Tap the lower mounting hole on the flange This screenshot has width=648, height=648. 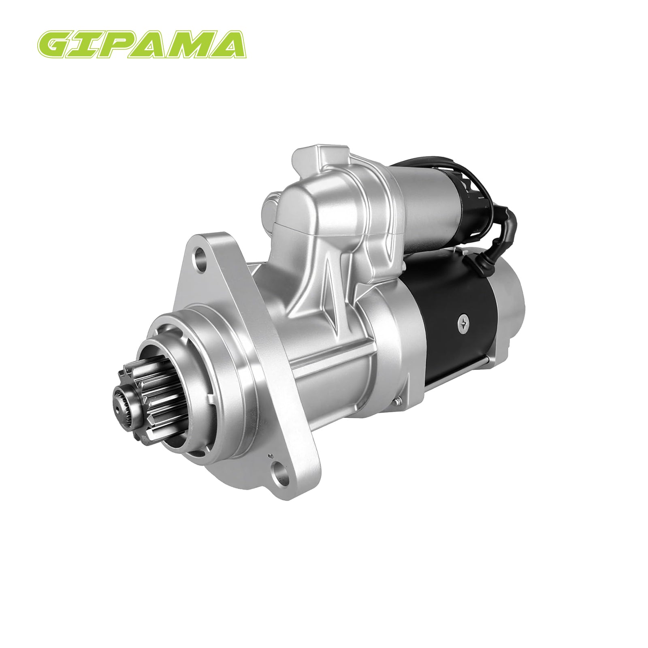point(279,471)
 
